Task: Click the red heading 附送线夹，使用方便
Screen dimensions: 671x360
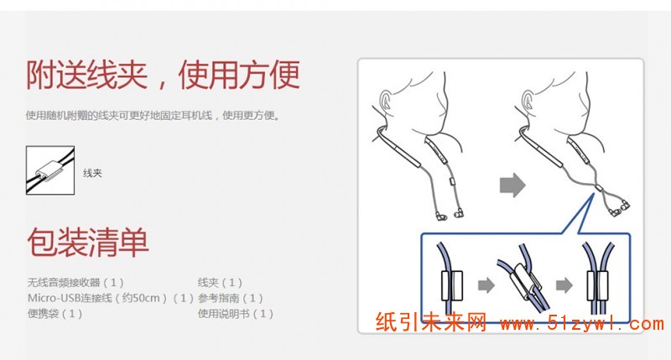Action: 163,75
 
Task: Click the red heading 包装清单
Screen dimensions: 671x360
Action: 88,242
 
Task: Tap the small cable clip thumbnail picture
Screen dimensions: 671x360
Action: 50,170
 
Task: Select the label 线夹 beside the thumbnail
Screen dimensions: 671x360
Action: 92,173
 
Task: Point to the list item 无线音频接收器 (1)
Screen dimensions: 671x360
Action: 75,283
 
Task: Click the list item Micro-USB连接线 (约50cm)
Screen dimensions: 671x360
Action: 97,298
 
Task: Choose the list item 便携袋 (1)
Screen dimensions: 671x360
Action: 55,313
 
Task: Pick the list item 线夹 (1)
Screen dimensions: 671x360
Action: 220,283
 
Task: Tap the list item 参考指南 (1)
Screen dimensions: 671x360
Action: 230,298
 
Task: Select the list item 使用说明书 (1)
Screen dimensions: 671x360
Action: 236,313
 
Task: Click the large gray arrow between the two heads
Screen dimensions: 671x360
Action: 512,185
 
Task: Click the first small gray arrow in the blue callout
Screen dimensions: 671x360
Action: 486,285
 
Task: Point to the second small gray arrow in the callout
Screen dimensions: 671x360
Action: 564,285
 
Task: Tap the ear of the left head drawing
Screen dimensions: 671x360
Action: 386,101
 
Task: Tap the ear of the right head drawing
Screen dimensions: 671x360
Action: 528,101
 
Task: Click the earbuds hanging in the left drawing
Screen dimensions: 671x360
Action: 450,214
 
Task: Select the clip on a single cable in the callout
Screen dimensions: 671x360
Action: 452,285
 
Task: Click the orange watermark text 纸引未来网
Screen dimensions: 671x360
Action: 431,322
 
